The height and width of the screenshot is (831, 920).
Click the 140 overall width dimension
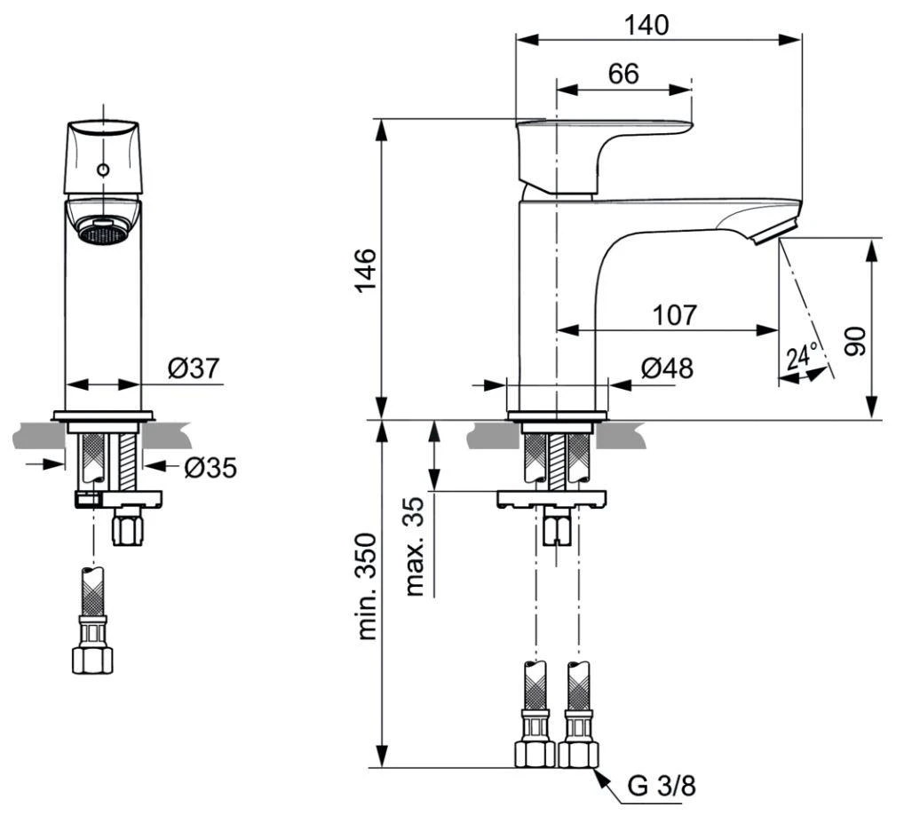[x=646, y=26]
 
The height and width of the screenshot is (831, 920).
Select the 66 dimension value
[x=623, y=75]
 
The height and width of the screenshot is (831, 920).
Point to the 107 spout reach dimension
[x=675, y=315]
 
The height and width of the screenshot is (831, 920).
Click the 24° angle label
[x=801, y=357]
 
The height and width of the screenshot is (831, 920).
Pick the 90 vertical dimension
[x=855, y=341]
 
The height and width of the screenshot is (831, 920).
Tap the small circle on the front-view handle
[x=103, y=169]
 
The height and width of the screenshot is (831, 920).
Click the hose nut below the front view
[x=92, y=660]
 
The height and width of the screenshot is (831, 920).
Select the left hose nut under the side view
[x=535, y=753]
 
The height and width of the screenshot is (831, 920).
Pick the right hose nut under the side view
[x=577, y=753]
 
